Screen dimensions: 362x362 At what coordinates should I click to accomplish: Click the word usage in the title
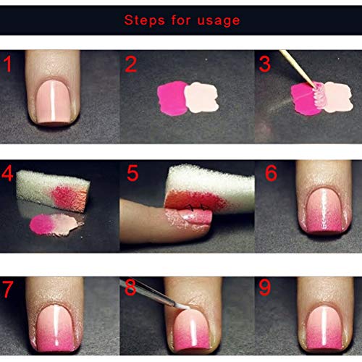click(x=218, y=20)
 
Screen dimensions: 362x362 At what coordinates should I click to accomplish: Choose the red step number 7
click(x=9, y=289)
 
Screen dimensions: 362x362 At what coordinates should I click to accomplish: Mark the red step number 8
click(x=132, y=289)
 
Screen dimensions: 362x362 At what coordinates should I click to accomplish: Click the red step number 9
click(x=265, y=289)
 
